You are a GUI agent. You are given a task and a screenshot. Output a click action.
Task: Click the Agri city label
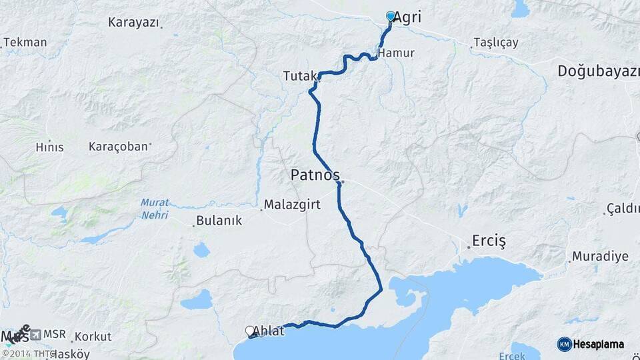tap(408, 18)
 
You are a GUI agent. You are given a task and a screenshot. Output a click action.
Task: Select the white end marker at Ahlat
tap(250, 330)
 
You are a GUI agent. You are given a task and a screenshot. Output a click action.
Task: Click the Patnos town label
tap(315, 175)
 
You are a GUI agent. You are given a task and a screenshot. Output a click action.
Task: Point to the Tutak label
tap(297, 77)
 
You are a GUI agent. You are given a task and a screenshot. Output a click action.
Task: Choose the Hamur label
tap(395, 53)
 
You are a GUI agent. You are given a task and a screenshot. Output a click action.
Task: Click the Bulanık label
tap(219, 221)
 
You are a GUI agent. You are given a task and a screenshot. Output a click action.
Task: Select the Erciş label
tap(489, 240)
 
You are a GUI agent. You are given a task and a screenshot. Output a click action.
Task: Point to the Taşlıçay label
tap(495, 43)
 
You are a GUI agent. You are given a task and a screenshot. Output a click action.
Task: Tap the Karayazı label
tap(133, 22)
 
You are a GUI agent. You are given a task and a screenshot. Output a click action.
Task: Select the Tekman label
tap(25, 43)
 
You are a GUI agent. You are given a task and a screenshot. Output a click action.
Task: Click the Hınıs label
tap(50, 147)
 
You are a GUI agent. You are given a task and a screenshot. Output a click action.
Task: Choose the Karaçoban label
tap(118, 146)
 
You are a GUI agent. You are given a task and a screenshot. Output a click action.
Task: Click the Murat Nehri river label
tap(155, 208)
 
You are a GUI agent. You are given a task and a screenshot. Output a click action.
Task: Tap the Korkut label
tap(93, 337)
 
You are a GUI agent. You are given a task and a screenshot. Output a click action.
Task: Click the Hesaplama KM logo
tap(591, 344)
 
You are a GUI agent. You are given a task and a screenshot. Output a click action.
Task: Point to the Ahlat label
tap(268, 331)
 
